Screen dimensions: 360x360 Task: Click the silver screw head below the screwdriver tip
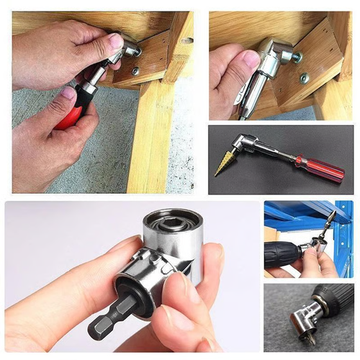(x=135, y=71)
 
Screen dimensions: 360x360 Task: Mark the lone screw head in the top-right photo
(x=304, y=78)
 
